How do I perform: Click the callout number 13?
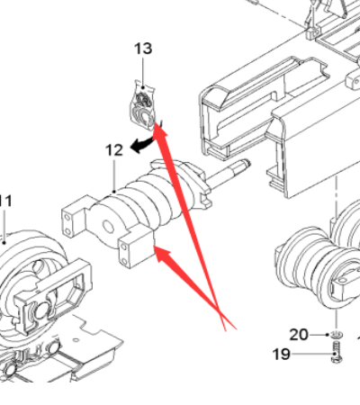pos(143,49)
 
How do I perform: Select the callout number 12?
pos(114,150)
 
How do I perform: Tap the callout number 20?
pos(299,335)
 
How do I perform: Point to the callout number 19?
pos(282,355)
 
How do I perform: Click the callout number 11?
pos(5,201)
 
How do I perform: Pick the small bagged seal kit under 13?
pos(143,105)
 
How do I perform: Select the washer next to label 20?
pos(337,335)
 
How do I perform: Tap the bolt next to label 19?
pos(337,352)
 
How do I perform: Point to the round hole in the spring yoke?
pos(108,227)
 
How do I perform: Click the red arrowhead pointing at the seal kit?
pos(159,130)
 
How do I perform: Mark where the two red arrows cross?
pos(220,310)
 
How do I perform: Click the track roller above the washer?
pos(318,270)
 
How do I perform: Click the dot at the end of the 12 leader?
pos(114,191)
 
